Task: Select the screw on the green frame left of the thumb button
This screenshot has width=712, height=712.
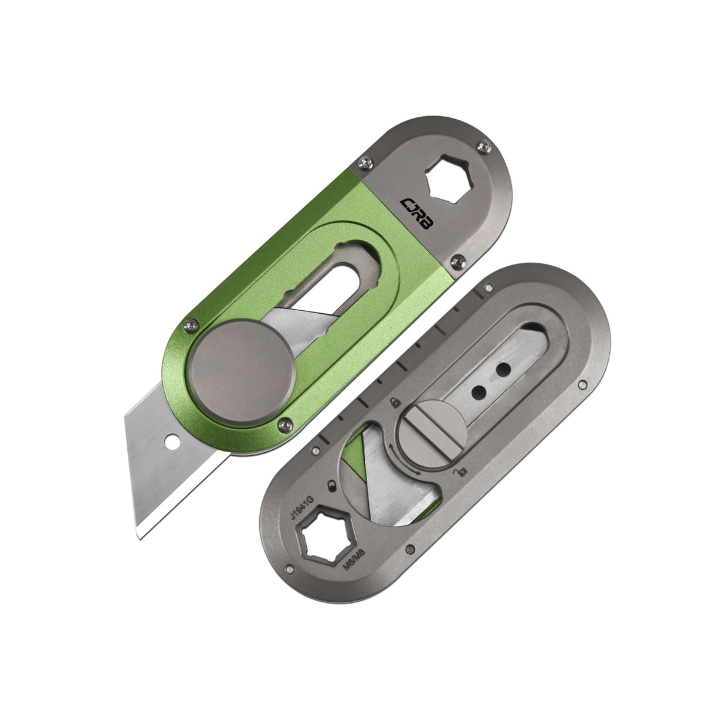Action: click(x=189, y=323)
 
